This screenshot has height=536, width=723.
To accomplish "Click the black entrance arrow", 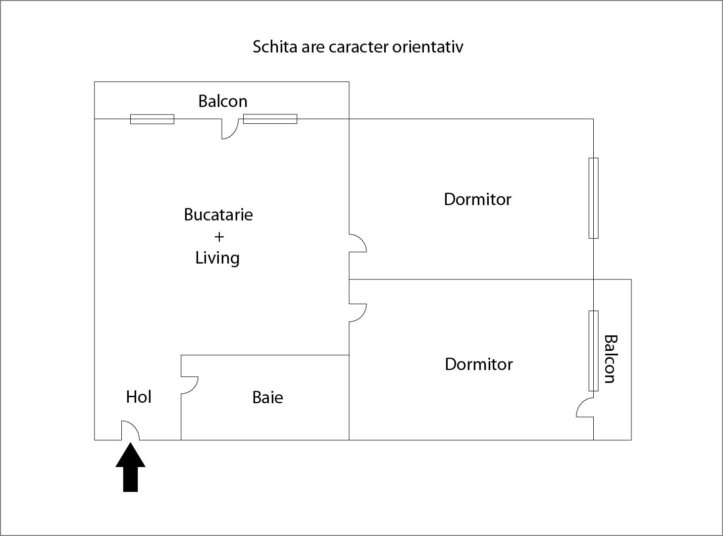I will (x=130, y=468).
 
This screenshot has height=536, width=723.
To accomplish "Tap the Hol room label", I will (x=139, y=397).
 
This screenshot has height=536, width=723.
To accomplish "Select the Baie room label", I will (x=267, y=397).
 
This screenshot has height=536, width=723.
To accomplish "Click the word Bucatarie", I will (x=218, y=214).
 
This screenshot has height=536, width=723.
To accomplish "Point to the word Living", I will (x=217, y=258).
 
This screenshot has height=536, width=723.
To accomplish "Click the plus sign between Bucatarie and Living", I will (x=219, y=237).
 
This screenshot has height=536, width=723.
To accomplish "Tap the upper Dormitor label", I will (x=477, y=199).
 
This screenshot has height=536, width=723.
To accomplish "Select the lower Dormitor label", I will (x=478, y=364).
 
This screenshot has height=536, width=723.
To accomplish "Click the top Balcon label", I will (x=223, y=101).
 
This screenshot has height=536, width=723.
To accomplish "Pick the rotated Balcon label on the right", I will (x=611, y=359).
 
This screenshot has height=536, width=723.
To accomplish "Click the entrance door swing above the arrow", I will (x=130, y=430).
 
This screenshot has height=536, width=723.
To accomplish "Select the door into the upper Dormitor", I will (x=358, y=243).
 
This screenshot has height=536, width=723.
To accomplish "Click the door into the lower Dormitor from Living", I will (x=358, y=313).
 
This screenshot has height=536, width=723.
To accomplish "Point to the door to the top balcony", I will (x=230, y=129).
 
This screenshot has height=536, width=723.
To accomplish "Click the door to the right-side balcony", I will (x=585, y=407).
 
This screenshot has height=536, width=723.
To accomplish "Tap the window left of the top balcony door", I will (x=152, y=119).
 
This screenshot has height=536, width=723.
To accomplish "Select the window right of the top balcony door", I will (x=270, y=119).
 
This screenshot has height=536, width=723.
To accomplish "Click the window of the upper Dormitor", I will (x=593, y=198).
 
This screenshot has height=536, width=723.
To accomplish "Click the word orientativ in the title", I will (x=428, y=47).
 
